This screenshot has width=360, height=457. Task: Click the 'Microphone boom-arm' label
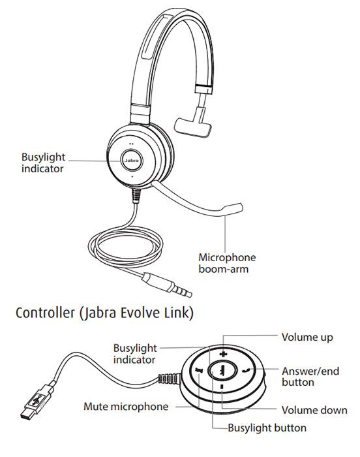click(226, 262)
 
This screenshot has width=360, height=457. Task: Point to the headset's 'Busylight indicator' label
click(42, 163)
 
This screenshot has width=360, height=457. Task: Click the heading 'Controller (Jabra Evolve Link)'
click(104, 313)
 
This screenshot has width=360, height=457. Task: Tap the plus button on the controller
click(223, 355)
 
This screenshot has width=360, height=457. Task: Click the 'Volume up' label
click(307, 338)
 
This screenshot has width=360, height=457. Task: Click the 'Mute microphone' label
click(126, 407)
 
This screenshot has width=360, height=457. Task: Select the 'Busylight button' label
click(267, 429)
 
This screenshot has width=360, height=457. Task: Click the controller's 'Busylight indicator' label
click(134, 353)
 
